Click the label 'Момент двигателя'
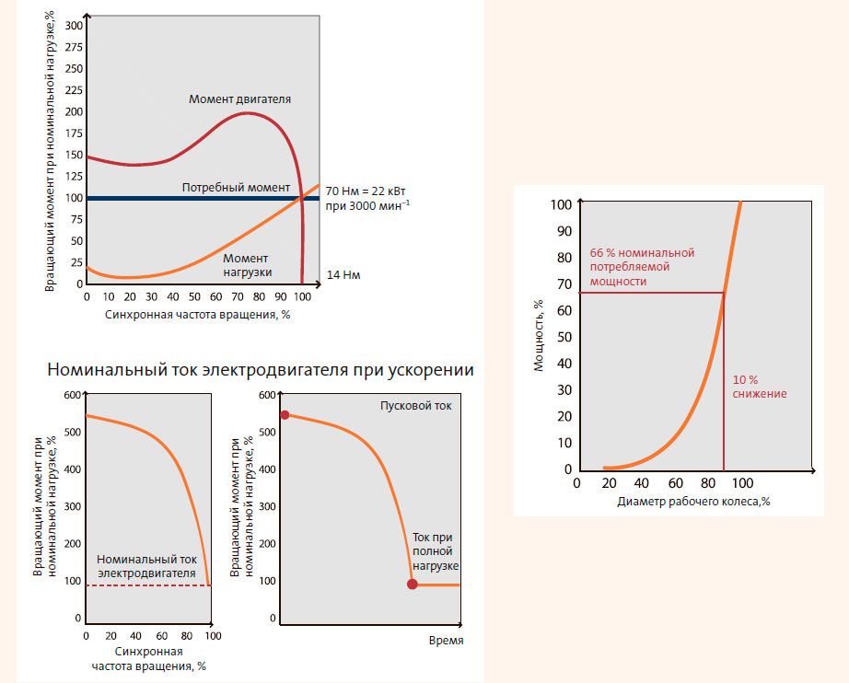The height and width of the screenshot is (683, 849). tap(240, 98)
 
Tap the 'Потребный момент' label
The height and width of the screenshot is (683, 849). tap(236, 187)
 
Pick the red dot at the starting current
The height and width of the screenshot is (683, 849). tap(284, 415)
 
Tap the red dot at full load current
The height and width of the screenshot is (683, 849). tap(412, 585)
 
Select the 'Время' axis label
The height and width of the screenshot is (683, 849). tap(446, 640)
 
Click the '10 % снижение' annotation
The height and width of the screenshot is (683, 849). tap(760, 387)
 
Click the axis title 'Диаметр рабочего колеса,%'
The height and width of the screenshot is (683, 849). tap(694, 502)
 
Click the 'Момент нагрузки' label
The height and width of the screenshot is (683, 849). tap(245, 265)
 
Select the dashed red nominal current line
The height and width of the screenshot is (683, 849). tap(147, 585)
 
